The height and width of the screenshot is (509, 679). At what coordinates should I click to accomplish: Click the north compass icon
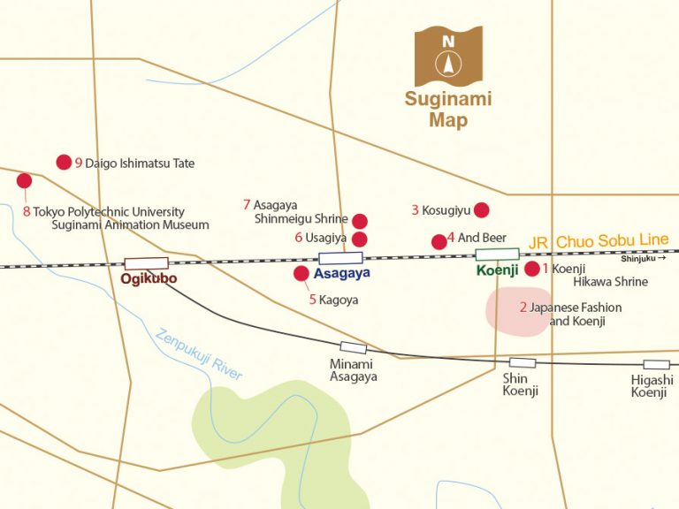tap(448, 56)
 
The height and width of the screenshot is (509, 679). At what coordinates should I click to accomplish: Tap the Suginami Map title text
tap(448, 110)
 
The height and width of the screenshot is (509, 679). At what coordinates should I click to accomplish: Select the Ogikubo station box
tap(146, 263)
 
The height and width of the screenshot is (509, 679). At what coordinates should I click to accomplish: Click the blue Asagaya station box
tap(340, 258)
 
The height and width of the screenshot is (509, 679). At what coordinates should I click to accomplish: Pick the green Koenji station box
tap(497, 254)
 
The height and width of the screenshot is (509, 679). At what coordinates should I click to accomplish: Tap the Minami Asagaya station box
tap(353, 348)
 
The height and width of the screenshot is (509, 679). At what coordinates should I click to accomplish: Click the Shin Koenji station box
tap(522, 362)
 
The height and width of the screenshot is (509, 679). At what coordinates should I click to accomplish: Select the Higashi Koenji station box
tap(656, 364)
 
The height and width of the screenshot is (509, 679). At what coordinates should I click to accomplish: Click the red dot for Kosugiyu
tap(481, 209)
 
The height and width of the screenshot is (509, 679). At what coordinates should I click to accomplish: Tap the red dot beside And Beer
tap(439, 241)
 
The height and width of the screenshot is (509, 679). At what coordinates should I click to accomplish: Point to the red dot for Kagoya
tap(301, 273)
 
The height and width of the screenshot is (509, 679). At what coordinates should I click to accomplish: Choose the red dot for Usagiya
tap(360, 239)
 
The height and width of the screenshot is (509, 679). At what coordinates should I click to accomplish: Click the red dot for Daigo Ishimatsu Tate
tap(64, 162)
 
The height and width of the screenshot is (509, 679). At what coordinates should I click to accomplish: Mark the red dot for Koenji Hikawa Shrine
tap(532, 269)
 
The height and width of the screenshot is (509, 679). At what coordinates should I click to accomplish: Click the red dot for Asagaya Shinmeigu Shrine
tap(360, 221)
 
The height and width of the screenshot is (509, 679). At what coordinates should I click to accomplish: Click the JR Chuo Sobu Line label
tap(599, 241)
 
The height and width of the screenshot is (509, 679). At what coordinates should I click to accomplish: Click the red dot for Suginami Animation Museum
tap(24, 180)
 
